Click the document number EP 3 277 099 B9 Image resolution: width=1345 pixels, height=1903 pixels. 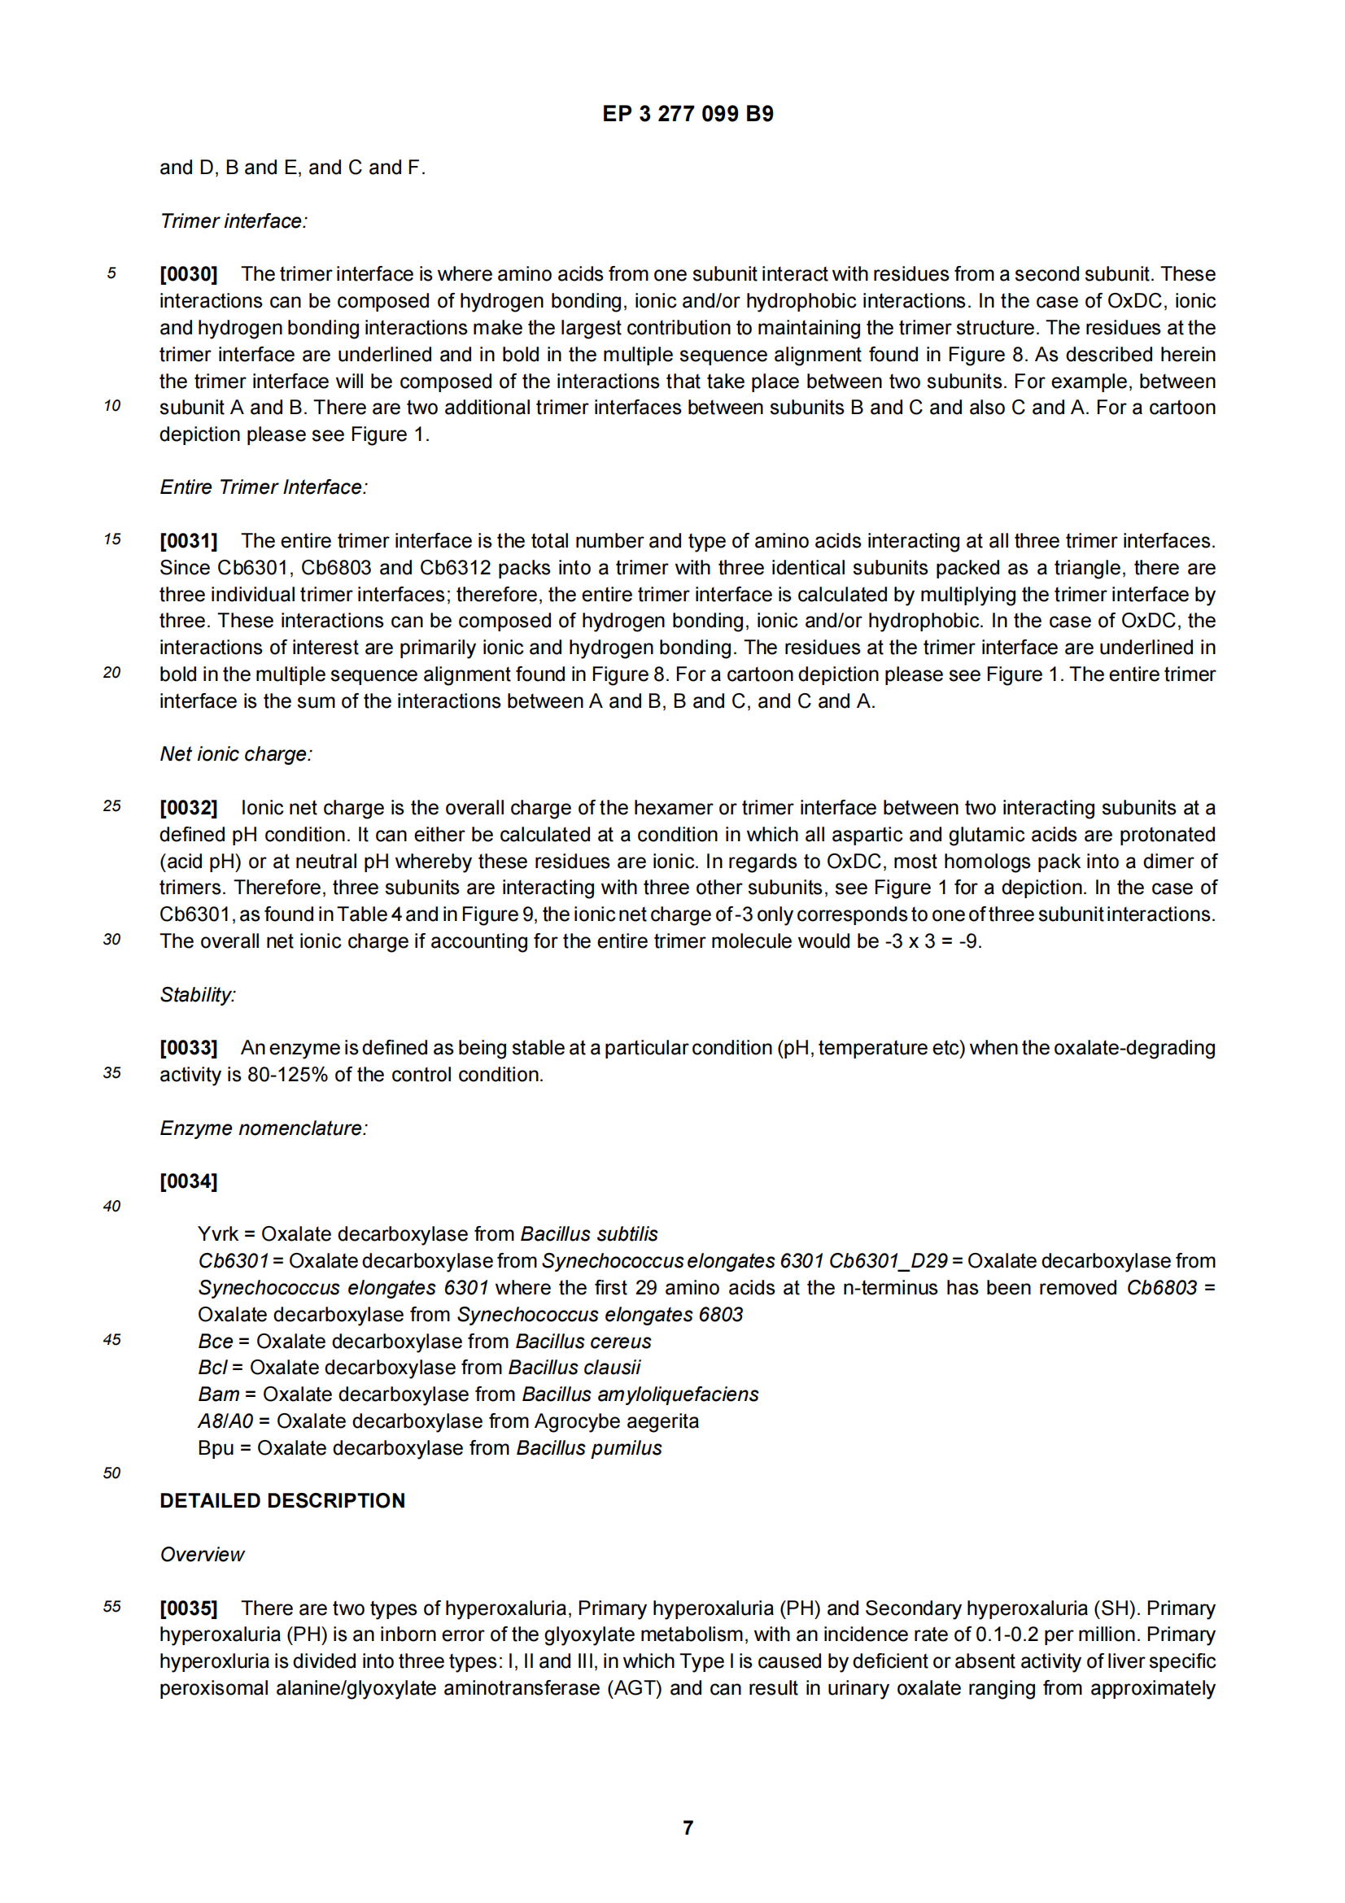click(x=687, y=114)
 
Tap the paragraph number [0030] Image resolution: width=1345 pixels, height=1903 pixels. click(x=188, y=274)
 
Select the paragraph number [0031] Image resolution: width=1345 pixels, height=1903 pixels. click(x=188, y=541)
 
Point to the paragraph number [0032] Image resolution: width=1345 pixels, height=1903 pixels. click(x=188, y=808)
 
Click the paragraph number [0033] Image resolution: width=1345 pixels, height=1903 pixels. click(x=188, y=1048)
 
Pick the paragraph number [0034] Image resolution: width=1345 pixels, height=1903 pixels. click(x=188, y=1181)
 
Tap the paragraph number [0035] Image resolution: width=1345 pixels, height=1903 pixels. click(x=188, y=1608)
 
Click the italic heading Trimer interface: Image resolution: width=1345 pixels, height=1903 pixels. click(x=233, y=221)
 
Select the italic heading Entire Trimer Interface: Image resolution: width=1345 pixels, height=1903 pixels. click(x=264, y=487)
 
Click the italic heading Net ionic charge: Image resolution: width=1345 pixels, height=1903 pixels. click(x=235, y=754)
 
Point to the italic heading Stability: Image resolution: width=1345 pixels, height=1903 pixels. click(x=197, y=994)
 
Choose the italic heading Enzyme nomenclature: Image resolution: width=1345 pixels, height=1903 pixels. click(x=264, y=1128)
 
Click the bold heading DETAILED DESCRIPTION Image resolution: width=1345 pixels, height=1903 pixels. click(x=282, y=1501)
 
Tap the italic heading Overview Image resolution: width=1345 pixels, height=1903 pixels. click(x=203, y=1555)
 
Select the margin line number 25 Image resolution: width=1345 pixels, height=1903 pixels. click(x=111, y=806)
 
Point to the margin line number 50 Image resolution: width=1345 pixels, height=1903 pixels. click(x=111, y=1473)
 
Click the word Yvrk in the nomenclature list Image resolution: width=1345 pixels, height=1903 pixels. click(x=217, y=1234)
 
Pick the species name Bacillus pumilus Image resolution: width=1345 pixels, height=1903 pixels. click(x=588, y=1448)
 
